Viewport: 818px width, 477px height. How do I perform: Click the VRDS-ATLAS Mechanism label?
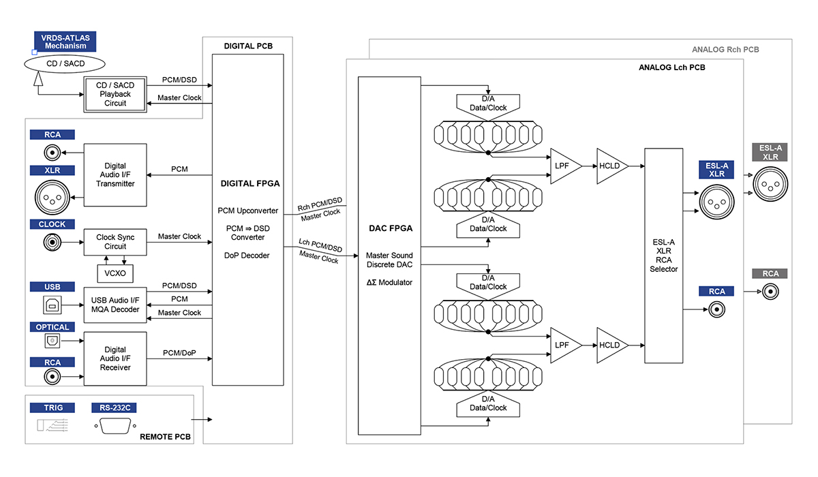65,42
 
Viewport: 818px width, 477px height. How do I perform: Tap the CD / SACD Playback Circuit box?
116,95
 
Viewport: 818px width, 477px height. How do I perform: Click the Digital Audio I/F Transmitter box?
115,174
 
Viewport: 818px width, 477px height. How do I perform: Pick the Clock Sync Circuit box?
115,242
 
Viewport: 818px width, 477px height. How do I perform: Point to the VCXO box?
115,273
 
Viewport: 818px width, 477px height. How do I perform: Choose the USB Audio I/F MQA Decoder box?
115,305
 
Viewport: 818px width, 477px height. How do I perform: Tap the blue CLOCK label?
52,224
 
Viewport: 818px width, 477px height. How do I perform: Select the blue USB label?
52,287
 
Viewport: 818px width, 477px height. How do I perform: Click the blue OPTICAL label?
52,327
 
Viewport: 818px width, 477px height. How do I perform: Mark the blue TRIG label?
52,407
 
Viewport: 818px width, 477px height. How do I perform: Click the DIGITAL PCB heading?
247,46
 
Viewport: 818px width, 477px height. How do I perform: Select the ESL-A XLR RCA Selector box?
663,256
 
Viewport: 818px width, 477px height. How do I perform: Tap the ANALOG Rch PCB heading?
725,50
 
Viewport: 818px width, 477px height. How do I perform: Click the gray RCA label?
770,273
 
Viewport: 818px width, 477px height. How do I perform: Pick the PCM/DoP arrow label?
180,353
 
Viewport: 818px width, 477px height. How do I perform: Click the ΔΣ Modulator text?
389,282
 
